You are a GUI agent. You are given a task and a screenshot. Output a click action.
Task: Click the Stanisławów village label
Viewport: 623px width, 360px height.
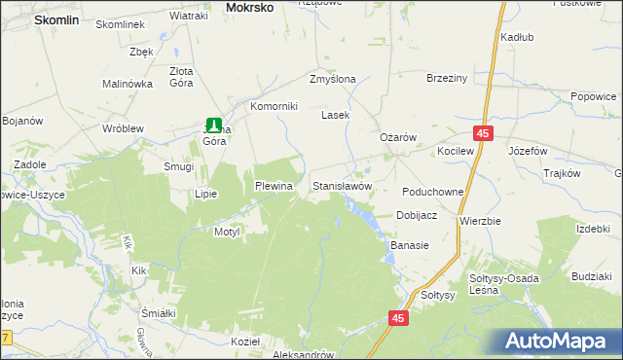click(x=342, y=185)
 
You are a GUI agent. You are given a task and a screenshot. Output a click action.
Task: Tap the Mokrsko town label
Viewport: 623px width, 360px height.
click(x=249, y=7)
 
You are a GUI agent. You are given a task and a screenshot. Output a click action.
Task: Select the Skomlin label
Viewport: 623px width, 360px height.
click(x=55, y=18)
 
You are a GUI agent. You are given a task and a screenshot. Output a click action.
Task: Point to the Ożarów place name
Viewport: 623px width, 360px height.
click(x=397, y=137)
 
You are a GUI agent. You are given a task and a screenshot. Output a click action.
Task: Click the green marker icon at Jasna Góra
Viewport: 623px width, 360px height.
click(x=213, y=124)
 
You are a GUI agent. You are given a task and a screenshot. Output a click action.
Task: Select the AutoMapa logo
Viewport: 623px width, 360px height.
click(x=562, y=341)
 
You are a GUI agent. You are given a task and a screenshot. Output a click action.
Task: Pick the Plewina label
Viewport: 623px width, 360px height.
click(x=274, y=185)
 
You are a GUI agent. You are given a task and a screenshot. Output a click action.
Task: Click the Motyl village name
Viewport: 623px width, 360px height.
click(x=226, y=233)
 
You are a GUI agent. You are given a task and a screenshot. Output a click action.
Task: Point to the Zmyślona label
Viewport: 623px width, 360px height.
click(x=333, y=79)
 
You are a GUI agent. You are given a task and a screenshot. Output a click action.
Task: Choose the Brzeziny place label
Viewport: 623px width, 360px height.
click(x=448, y=79)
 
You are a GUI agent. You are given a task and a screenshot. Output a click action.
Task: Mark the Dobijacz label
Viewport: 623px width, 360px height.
click(x=416, y=215)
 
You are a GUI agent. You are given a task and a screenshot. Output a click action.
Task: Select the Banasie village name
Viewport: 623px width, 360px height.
click(x=410, y=246)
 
